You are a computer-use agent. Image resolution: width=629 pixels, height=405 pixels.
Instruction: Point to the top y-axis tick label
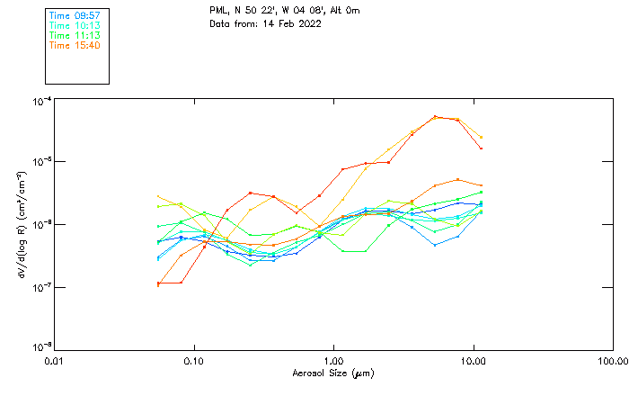click(41, 101)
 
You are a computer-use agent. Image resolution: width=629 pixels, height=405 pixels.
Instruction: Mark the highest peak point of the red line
click(435, 116)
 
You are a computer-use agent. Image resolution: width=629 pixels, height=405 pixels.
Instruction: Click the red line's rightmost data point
click(482, 148)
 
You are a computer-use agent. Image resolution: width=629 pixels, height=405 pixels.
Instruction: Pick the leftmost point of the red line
click(158, 283)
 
